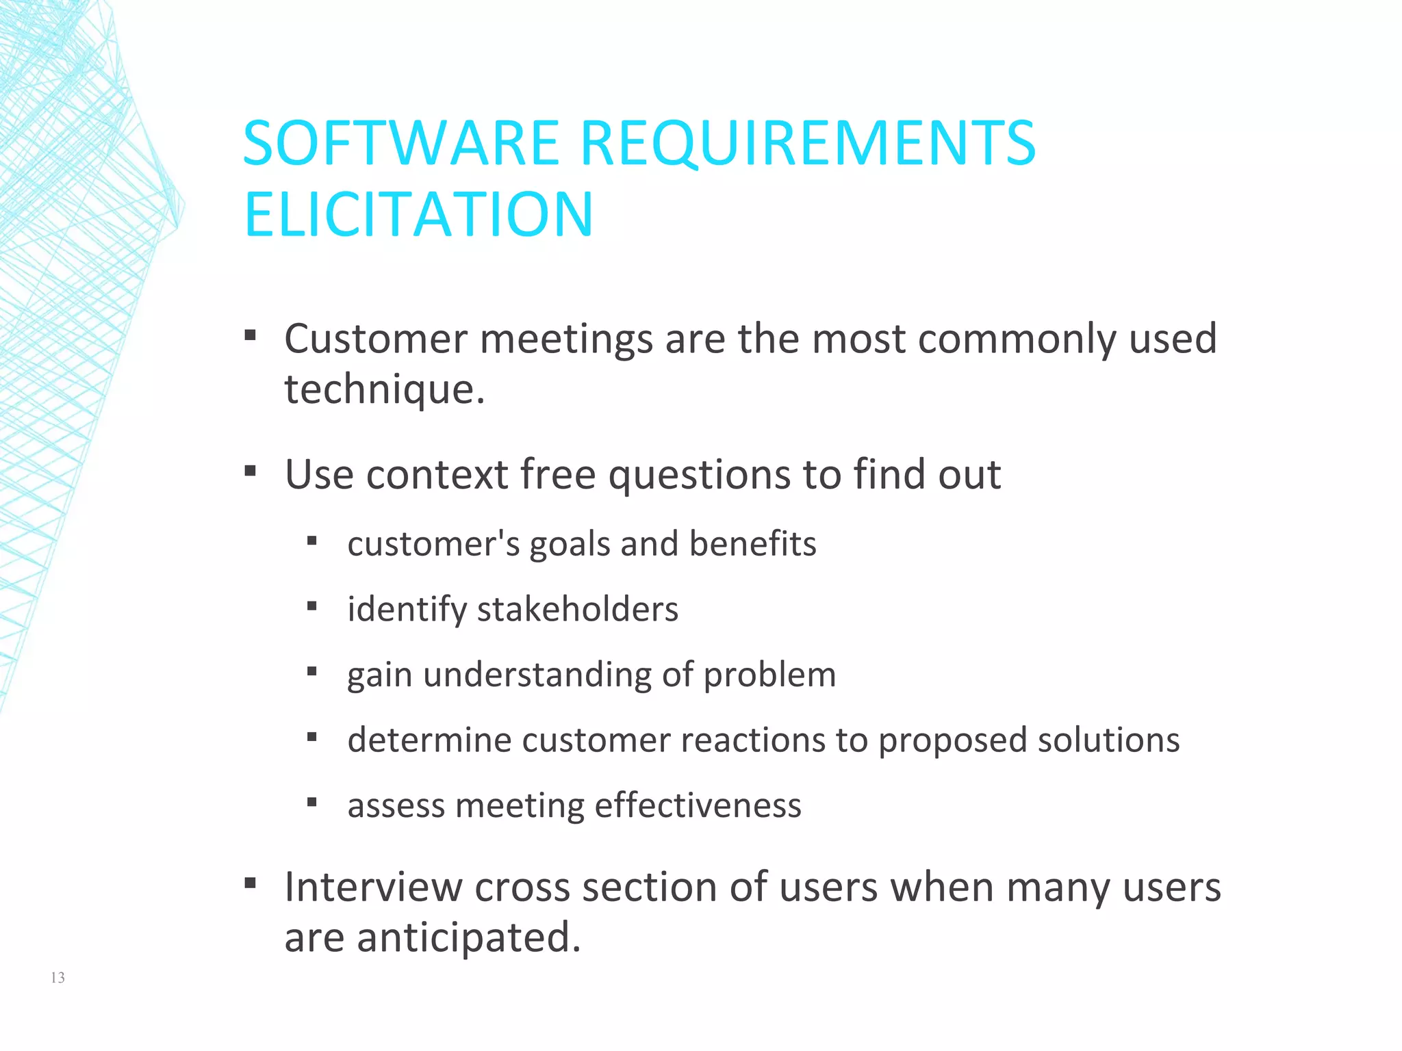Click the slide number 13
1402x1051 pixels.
pos(58,978)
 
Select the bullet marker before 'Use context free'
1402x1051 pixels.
pos(251,471)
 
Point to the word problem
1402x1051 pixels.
pos(769,675)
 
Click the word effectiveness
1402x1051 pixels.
pos(698,805)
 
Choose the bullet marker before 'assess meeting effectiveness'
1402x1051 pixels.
pos(312,802)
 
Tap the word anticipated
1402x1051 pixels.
pos(468,937)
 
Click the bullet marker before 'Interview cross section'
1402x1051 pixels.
pos(251,883)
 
